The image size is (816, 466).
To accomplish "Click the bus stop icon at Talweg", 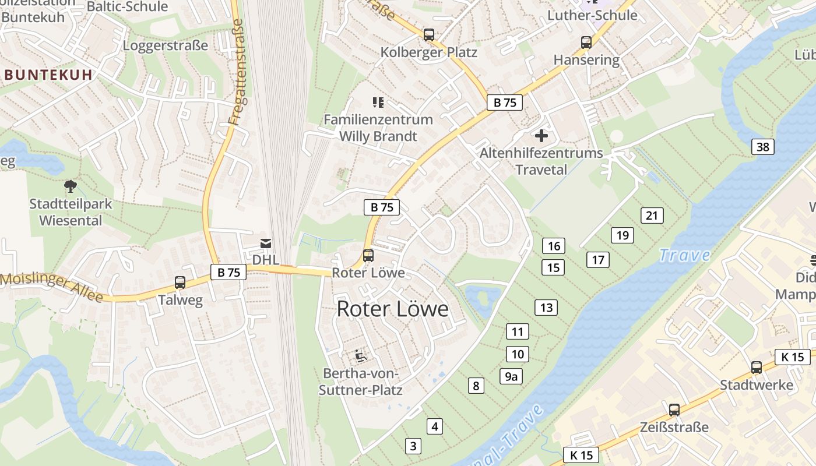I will coord(180,283).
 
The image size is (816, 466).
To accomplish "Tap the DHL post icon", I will coord(266,243).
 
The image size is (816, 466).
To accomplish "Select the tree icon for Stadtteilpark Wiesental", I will coord(71,186).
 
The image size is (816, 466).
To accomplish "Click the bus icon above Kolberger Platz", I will coord(429,34).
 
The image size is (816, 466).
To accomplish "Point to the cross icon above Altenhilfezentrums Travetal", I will coord(541,136).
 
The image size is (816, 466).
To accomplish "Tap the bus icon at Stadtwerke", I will coord(757,368).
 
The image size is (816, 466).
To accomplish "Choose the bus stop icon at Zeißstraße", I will coord(674,409).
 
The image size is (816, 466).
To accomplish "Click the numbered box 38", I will coord(763,147).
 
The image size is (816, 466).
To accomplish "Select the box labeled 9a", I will coord(511,376).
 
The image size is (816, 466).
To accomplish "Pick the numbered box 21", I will coord(652,216).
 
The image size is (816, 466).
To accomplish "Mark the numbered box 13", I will coord(546,308).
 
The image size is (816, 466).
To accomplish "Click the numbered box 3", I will coord(413,446).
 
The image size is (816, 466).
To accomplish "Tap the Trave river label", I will coord(684,255).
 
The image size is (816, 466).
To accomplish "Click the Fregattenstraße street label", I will coord(235,72).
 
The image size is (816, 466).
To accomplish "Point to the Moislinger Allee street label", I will coord(51,287).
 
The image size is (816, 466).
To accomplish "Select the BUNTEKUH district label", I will coord(49,75).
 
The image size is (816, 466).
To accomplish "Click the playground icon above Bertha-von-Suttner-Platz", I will coord(361,355).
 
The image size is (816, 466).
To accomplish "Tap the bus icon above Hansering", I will coord(586,43).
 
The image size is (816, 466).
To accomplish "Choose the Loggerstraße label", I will coord(166,45).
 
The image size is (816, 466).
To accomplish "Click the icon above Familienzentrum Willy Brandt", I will coord(378,103).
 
